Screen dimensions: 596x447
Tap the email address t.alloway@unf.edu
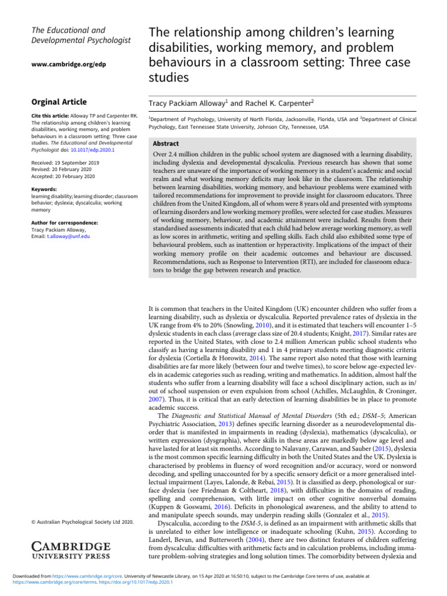69,237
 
